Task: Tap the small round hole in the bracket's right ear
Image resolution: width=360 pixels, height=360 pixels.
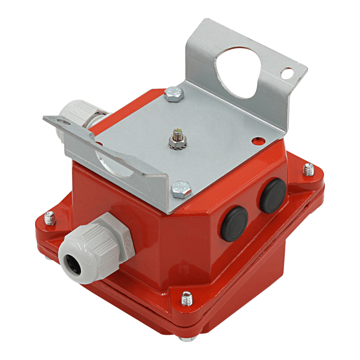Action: [286, 72]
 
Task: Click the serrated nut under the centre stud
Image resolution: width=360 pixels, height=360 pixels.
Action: [175, 143]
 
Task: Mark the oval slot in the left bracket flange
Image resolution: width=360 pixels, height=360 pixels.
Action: [64, 120]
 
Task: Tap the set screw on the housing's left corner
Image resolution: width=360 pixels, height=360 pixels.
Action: [49, 219]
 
